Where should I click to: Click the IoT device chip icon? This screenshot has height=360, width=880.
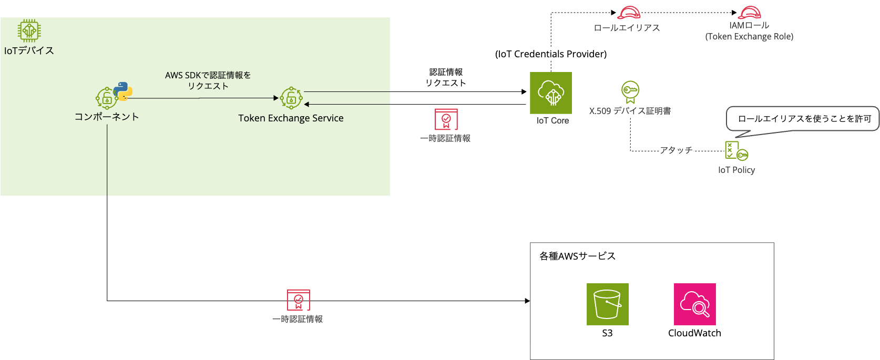click(x=29, y=30)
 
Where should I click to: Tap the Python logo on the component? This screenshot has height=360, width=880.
click(x=123, y=91)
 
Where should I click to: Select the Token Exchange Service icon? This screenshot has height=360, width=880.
click(x=291, y=98)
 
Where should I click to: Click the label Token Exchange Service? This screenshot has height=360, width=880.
click(x=291, y=118)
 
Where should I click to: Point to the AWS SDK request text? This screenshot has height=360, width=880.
click(x=208, y=80)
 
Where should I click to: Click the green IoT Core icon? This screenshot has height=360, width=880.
click(x=550, y=93)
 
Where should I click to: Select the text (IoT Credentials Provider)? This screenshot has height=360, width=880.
click(x=551, y=54)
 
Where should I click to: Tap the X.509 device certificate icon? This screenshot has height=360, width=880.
click(x=630, y=91)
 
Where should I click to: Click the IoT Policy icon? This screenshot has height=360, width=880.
click(x=736, y=151)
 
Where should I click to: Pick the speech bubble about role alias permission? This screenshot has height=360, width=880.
click(x=804, y=119)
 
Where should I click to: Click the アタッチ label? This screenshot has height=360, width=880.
click(x=676, y=150)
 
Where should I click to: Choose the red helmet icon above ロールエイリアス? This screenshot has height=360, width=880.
click(x=629, y=13)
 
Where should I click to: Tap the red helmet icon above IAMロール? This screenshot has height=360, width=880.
click(x=749, y=13)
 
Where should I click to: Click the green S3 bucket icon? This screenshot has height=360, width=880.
click(x=607, y=304)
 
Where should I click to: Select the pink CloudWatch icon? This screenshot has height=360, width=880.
click(x=694, y=304)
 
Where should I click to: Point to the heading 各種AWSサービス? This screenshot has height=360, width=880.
click(x=577, y=256)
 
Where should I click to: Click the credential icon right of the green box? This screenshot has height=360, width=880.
click(x=446, y=119)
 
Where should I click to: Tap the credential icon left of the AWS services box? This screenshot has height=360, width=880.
click(x=298, y=300)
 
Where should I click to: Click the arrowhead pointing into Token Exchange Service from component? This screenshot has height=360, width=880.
click(x=275, y=98)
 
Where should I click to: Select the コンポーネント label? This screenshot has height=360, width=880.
click(x=107, y=117)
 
